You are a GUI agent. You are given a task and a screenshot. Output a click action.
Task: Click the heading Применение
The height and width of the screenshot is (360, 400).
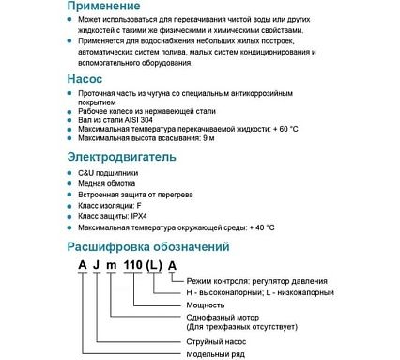[x=112, y=6]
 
